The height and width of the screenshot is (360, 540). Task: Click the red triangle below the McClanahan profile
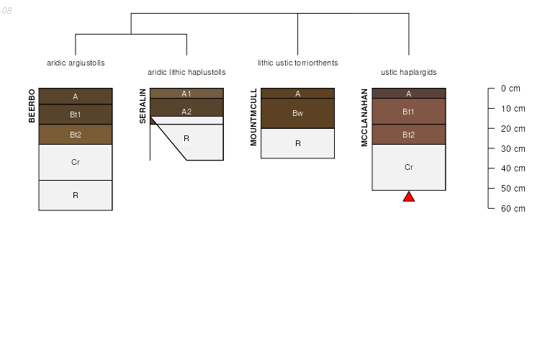click(408, 197)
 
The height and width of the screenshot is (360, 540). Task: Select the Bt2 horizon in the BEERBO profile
click(76, 135)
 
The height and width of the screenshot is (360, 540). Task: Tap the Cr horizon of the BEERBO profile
click(76, 162)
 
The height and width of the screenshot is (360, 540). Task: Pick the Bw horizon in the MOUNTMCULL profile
click(297, 113)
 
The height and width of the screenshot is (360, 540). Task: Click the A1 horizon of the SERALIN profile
click(186, 94)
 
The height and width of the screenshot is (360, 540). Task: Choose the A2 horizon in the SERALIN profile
click(186, 111)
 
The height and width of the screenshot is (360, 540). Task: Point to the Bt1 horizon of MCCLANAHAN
click(408, 112)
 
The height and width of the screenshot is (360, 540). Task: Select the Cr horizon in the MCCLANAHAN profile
click(408, 167)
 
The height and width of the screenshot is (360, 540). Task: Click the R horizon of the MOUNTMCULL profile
click(297, 143)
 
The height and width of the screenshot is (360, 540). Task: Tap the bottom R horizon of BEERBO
click(76, 195)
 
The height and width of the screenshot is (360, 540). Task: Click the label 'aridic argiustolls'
click(76, 63)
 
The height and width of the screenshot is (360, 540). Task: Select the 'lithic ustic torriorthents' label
click(297, 63)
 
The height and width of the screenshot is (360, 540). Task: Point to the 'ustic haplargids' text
click(408, 72)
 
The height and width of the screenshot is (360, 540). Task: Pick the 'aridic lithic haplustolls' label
click(186, 72)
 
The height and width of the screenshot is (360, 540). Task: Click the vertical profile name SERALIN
click(143, 106)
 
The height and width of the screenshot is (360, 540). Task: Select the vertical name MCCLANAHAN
click(364, 117)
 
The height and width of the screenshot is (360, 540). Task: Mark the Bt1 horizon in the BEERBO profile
click(76, 114)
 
